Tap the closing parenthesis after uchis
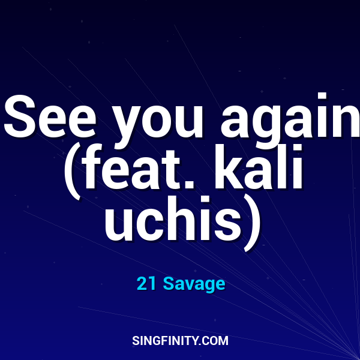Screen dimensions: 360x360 point(253,221)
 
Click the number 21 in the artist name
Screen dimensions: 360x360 point(146,284)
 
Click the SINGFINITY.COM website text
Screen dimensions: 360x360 point(180,341)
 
